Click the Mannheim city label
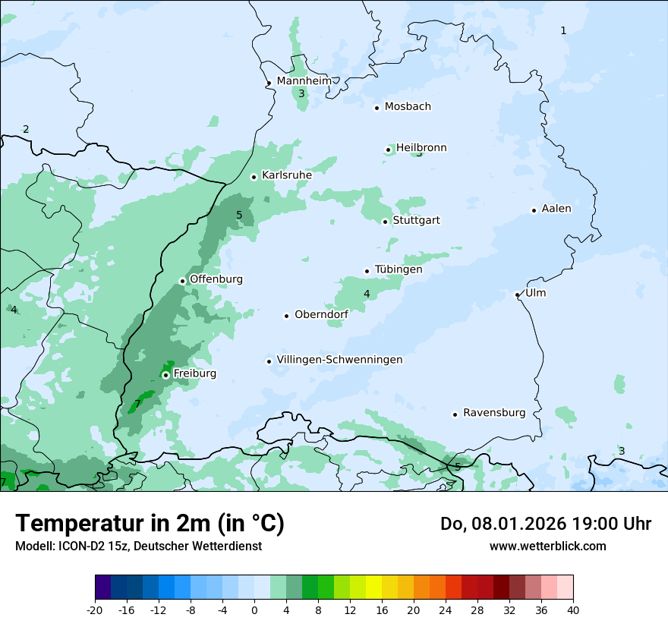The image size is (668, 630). (304, 81)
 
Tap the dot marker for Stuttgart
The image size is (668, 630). (385, 222)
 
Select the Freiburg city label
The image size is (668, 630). (194, 373)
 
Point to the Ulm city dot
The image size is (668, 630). (517, 295)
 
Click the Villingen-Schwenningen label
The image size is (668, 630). (339, 360)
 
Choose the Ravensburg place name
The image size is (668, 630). (494, 413)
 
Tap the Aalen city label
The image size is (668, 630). (556, 209)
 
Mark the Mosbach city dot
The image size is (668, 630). (377, 108)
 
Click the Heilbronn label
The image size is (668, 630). (421, 148)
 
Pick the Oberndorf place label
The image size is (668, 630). (322, 314)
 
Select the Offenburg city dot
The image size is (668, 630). (182, 281)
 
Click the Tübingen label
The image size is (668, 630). (399, 269)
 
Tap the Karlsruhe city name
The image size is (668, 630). (287, 175)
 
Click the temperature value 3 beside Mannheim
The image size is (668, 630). (301, 94)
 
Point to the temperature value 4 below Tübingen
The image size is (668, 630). (367, 294)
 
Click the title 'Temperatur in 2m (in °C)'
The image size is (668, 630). (150, 524)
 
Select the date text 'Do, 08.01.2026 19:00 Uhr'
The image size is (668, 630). (545, 524)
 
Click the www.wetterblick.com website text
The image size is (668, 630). (547, 546)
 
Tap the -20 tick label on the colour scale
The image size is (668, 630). (95, 610)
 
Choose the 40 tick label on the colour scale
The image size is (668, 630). (573, 610)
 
